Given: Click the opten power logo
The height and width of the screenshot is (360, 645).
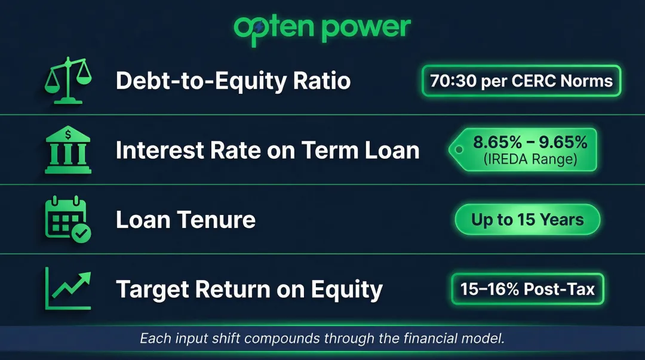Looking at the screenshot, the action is [322, 30].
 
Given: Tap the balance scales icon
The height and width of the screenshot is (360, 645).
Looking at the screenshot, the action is [68, 80].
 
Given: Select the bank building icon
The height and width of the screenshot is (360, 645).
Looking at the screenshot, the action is [68, 150].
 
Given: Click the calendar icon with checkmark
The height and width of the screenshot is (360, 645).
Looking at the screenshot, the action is [68, 219].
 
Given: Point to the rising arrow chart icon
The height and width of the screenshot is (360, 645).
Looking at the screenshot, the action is [68, 288].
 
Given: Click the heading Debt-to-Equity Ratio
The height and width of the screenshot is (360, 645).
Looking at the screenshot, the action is [234, 81].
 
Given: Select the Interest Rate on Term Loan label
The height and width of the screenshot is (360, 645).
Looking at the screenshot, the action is [268, 150].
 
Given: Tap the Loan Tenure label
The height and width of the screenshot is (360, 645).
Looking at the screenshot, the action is [186, 219].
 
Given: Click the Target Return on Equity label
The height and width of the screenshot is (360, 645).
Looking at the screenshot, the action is [249, 290].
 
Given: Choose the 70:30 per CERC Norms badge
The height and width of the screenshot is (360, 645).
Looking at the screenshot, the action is [521, 81].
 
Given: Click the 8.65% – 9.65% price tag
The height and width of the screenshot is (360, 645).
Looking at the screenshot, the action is [523, 150].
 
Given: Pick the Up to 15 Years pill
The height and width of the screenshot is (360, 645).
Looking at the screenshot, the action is [527, 220].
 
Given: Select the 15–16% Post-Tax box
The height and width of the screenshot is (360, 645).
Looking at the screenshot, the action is [527, 289].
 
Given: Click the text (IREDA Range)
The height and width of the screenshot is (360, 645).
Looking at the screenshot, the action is [530, 159].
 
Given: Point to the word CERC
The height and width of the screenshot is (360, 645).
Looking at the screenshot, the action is [533, 81].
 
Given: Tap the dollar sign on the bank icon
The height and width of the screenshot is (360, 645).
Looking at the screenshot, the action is [68, 134].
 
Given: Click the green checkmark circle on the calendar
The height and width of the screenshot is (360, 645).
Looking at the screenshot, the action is [81, 233].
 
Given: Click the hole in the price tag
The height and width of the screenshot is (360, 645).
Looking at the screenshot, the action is [459, 150].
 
